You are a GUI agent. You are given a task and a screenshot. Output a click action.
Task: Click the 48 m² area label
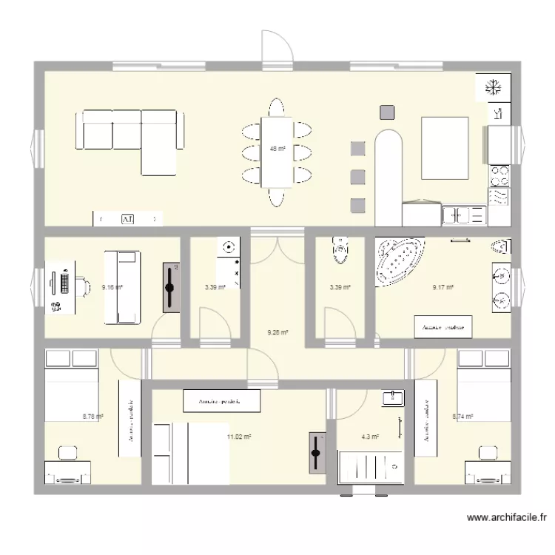(277, 149)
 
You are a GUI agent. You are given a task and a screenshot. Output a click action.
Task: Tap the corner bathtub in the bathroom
(397, 261)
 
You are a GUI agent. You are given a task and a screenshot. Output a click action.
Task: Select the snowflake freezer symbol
(493, 89)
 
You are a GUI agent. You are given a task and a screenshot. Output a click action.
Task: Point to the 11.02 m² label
(239, 437)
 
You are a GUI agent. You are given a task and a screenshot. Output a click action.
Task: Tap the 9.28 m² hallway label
(277, 333)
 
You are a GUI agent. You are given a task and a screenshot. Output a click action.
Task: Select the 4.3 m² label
(369, 437)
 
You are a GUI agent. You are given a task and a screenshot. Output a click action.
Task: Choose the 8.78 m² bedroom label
(93, 417)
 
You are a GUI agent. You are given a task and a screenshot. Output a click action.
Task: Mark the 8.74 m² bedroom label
(462, 417)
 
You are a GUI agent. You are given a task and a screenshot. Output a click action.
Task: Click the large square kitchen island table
(444, 148)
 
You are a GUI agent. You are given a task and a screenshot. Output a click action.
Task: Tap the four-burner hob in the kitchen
(500, 175)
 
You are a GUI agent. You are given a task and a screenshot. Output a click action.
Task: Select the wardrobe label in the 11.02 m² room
(222, 401)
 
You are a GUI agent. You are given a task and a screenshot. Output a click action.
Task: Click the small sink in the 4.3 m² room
(392, 398)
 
